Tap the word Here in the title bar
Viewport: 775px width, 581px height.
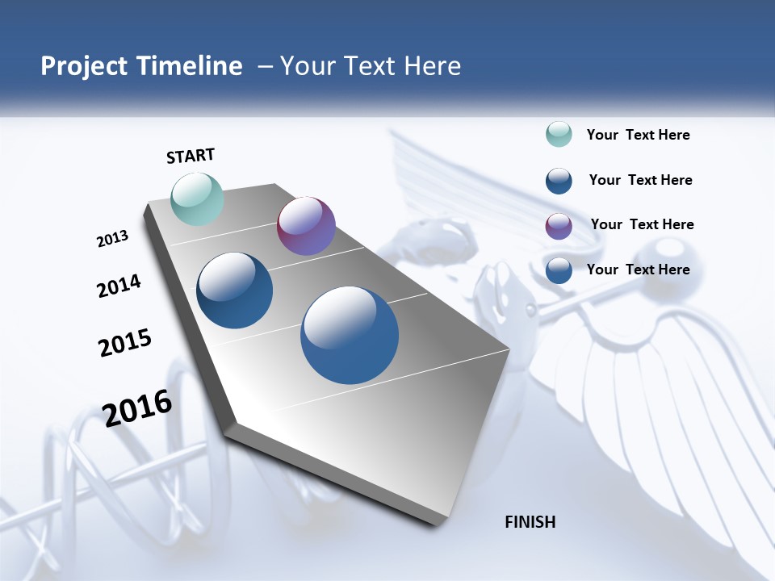(x=432, y=66)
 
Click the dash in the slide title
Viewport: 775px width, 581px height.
(x=265, y=66)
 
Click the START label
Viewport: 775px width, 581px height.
(x=191, y=156)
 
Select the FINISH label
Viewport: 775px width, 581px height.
(x=530, y=522)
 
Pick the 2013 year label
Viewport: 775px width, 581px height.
(x=113, y=239)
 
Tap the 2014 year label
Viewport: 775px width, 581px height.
(x=119, y=286)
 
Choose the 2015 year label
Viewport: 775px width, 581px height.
(x=125, y=342)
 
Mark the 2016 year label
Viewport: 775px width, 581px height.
(x=137, y=408)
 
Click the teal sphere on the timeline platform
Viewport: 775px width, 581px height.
(x=197, y=199)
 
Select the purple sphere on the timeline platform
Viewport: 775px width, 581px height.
(x=306, y=226)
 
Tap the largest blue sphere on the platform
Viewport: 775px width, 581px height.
(x=350, y=335)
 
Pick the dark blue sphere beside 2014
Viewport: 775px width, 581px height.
(x=234, y=290)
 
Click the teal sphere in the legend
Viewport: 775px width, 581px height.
(x=559, y=135)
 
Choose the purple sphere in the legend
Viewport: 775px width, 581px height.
(x=559, y=226)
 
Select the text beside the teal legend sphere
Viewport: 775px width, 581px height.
(x=638, y=135)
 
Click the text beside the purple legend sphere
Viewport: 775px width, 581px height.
(x=642, y=224)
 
